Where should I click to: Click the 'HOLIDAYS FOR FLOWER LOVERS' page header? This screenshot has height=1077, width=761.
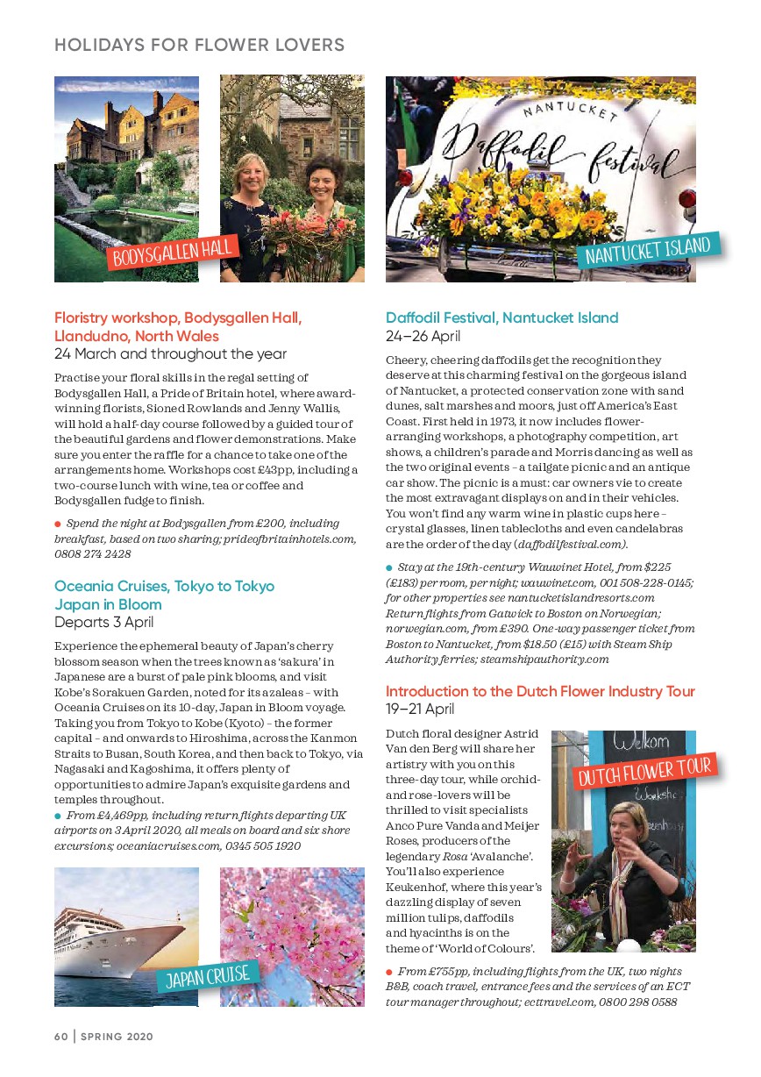(x=199, y=45)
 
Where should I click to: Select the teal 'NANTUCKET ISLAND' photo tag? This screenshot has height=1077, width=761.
(x=648, y=250)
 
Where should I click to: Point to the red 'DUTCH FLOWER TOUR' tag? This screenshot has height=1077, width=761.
(x=645, y=771)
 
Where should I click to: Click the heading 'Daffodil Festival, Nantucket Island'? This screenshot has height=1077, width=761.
(x=501, y=317)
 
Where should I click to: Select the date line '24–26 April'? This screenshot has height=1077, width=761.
(x=423, y=336)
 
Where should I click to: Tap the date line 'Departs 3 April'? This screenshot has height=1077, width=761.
(x=103, y=623)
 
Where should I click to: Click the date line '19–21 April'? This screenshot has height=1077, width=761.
(x=420, y=709)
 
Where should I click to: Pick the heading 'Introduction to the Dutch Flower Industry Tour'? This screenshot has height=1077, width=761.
(x=540, y=691)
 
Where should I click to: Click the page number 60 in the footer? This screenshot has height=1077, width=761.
(x=60, y=1036)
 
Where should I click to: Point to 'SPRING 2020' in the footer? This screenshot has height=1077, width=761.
(x=117, y=1036)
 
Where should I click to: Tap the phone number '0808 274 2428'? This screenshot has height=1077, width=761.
(x=93, y=554)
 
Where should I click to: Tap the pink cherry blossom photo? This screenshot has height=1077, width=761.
(x=293, y=921)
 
